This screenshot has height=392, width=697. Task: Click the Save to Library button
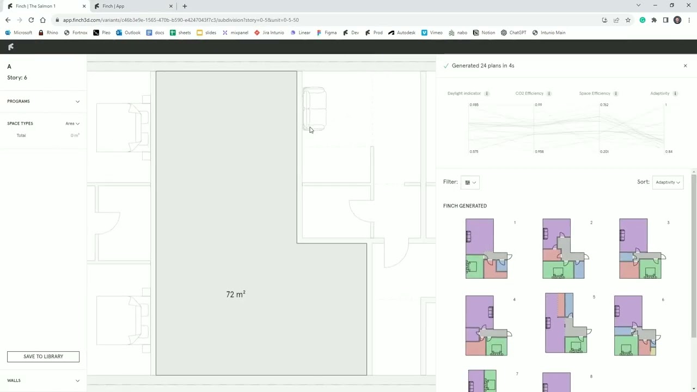[x=43, y=357]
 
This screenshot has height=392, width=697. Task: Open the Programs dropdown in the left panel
[x=77, y=101]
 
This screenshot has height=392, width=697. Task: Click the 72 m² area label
[x=235, y=295]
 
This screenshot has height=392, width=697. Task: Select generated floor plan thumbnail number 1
[x=487, y=249]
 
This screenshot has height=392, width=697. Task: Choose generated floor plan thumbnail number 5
[x=566, y=323]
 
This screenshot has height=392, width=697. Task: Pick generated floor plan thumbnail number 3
[x=640, y=249]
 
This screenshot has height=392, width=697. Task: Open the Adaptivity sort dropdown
[x=668, y=182]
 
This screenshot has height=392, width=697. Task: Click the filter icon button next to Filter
[x=469, y=182]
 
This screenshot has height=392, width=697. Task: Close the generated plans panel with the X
[x=685, y=66]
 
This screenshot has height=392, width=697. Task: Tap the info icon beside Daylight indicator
[x=487, y=94]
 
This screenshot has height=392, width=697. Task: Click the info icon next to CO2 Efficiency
[x=549, y=94]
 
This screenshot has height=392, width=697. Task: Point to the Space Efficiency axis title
[x=595, y=94]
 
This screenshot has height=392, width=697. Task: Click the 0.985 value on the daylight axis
[x=474, y=105]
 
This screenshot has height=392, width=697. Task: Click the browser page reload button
[x=31, y=20]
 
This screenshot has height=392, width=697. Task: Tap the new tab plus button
[x=185, y=6]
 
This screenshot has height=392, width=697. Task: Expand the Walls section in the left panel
[x=77, y=381]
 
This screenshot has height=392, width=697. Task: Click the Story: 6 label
[x=17, y=78]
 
